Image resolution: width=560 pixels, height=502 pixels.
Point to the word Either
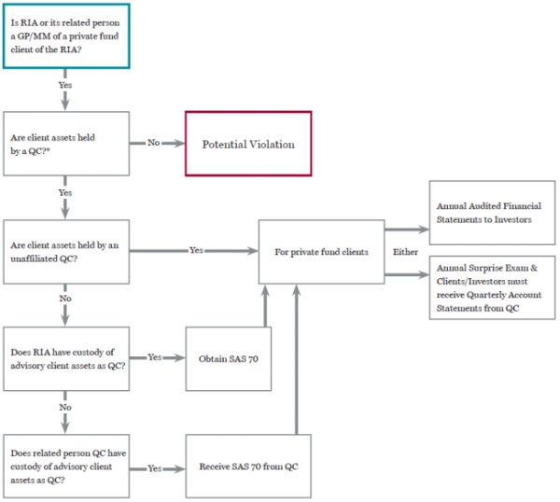(x=405, y=252)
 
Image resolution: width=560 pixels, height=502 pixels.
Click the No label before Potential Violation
(x=154, y=143)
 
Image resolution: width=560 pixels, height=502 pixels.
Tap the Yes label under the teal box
(x=65, y=85)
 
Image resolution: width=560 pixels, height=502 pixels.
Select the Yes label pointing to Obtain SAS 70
(x=155, y=357)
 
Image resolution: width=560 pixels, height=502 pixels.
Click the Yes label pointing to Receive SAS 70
(x=155, y=468)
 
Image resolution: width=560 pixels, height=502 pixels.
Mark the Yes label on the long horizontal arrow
(x=196, y=250)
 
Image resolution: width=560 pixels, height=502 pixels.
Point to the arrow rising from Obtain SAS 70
(x=265, y=306)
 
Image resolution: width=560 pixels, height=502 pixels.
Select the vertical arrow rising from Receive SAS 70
(x=297, y=359)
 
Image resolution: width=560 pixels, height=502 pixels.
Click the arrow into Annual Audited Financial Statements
(x=407, y=230)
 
